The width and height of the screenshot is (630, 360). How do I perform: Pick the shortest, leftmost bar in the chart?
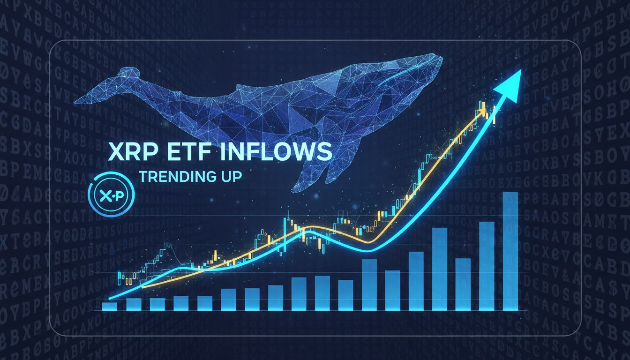click(109, 306)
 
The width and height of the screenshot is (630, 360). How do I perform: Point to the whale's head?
click(417, 70)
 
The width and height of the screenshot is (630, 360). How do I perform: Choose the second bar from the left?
click(134, 304)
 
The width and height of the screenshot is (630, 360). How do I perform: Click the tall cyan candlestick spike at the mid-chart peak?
click(284, 234)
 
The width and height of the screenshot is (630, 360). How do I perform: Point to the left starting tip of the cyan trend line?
click(110, 298)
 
